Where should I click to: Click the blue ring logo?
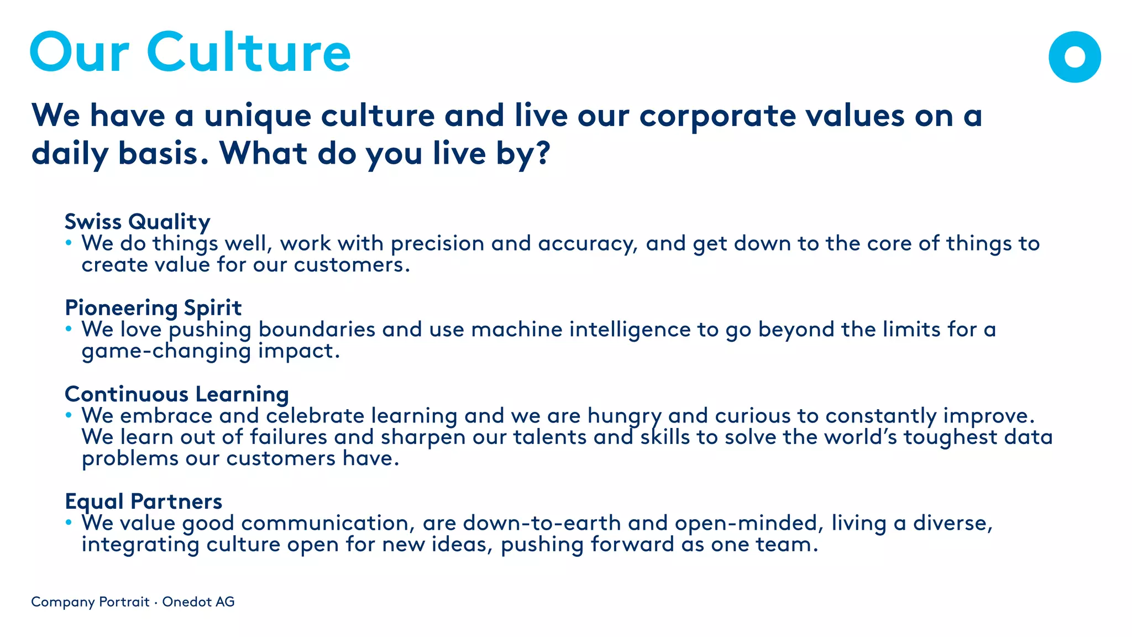[1075, 56]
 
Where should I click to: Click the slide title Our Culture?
[190, 52]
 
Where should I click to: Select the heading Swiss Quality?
[137, 222]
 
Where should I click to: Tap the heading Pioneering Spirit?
[153, 308]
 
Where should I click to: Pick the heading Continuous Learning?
[177, 394]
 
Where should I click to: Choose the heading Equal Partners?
[143, 502]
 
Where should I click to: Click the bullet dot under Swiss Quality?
[69, 243]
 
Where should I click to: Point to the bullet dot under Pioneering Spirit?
[69, 329]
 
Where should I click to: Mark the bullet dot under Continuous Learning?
[69, 415]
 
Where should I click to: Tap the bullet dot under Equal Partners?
[69, 523]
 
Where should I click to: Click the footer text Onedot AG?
[198, 602]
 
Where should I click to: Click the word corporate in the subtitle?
[717, 116]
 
